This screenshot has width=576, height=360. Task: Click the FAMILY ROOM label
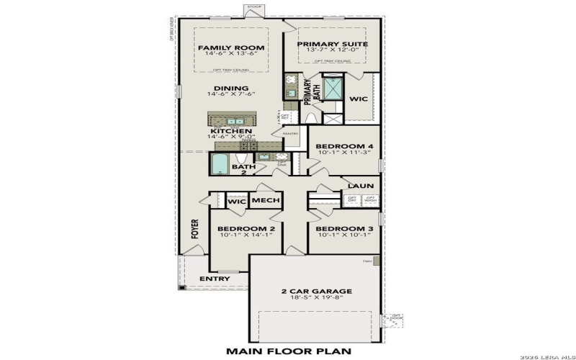pyautogui.click(x=231, y=48)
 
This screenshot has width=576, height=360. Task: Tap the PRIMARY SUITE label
pyautogui.click(x=333, y=44)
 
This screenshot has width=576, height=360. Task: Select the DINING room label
pyautogui.click(x=231, y=89)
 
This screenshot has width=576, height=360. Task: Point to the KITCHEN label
pyautogui.click(x=231, y=131)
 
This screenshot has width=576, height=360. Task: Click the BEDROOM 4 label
pyautogui.click(x=344, y=146)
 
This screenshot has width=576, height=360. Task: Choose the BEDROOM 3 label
pyautogui.click(x=344, y=229)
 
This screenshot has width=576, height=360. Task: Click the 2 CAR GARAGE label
pyautogui.click(x=316, y=292)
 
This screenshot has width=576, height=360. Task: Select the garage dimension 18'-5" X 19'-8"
pyautogui.click(x=316, y=300)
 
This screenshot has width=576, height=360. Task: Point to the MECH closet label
pyautogui.click(x=266, y=201)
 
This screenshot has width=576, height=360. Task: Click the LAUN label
pyautogui.click(x=361, y=185)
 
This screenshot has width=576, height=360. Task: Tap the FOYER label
pyautogui.click(x=194, y=229)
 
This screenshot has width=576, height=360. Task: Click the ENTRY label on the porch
pyautogui.click(x=215, y=279)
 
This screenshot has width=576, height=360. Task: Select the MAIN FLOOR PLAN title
pyautogui.click(x=288, y=351)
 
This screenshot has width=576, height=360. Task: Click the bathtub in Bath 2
pyautogui.click(x=219, y=165)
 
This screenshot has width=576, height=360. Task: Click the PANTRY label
pyautogui.click(x=290, y=133)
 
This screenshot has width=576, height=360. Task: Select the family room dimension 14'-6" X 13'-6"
pyautogui.click(x=231, y=55)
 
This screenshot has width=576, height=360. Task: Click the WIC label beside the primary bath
pyautogui.click(x=359, y=99)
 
